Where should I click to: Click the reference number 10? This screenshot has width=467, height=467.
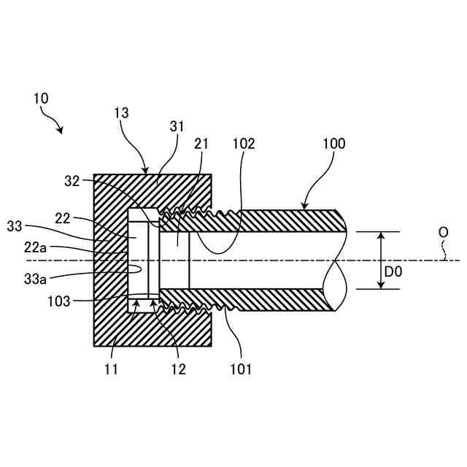tap(42, 97)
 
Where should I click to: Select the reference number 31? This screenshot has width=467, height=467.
tap(177, 126)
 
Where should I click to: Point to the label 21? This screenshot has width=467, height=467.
tap(201, 144)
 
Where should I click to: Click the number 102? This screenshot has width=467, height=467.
tap(243, 144)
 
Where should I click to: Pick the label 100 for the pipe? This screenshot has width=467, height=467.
tap(334, 144)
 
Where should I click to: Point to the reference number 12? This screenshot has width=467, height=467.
tap(178, 369)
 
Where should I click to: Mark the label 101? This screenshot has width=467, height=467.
tap(240, 369)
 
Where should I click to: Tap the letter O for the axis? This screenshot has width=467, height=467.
tap(443, 233)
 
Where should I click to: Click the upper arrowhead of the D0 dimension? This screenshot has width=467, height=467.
tap(380, 236)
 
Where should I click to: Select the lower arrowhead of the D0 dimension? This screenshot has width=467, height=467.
tap(380, 285)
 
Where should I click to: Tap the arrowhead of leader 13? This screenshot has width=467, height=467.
tap(147, 170)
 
